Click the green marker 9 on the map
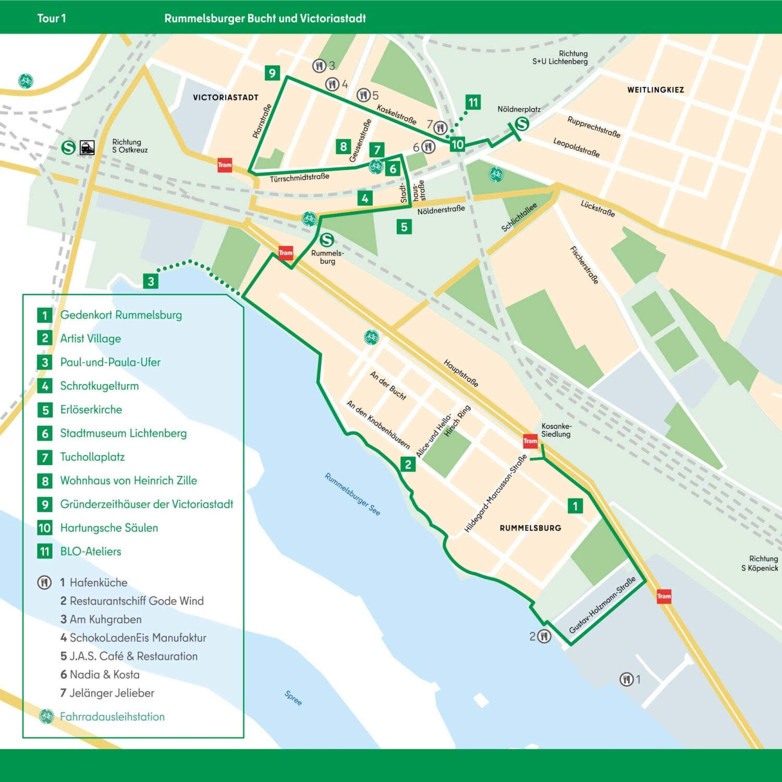(x=272, y=73)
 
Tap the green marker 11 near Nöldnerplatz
(x=472, y=102)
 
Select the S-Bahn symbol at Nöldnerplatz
(x=522, y=124)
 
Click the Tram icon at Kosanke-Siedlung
(x=530, y=441)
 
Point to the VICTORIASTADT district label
(x=226, y=97)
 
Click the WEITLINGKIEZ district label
(x=655, y=90)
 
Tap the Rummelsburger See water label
(x=352, y=494)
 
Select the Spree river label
(x=293, y=698)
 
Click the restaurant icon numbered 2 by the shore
(x=544, y=636)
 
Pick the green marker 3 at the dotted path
(x=151, y=282)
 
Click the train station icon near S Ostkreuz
(x=87, y=148)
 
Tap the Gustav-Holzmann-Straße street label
(x=602, y=605)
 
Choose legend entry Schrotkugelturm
(x=99, y=386)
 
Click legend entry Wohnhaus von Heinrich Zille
(x=128, y=480)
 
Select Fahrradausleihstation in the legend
(x=112, y=716)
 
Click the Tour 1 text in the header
(x=52, y=18)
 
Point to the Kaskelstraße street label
(x=396, y=114)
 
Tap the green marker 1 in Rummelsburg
(x=575, y=506)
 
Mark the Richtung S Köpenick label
(x=760, y=564)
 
